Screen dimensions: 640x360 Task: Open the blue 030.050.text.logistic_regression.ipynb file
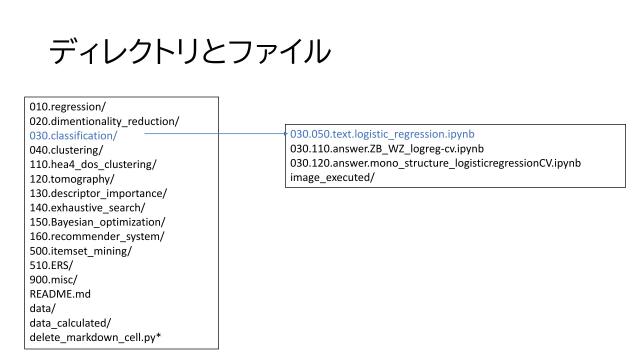pos(382,133)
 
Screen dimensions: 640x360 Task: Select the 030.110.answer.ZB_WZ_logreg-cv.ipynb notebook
pos(387,148)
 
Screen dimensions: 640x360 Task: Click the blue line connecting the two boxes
pos(215,133)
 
